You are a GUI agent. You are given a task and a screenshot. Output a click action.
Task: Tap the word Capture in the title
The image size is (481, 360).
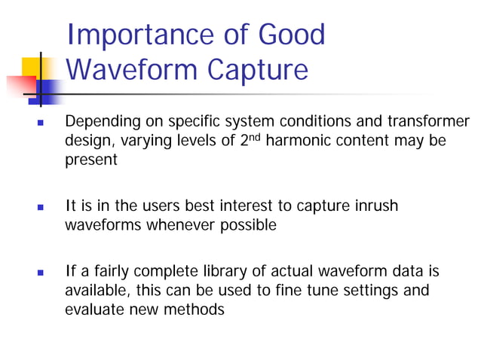[x=258, y=69]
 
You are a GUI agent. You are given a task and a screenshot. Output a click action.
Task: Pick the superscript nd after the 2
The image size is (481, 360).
[x=254, y=138]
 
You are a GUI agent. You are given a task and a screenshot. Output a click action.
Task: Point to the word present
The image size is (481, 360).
[x=91, y=161]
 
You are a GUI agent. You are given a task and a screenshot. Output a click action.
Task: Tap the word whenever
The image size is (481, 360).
[x=174, y=226]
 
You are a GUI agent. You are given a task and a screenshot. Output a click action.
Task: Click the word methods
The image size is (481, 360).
[x=198, y=310]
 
